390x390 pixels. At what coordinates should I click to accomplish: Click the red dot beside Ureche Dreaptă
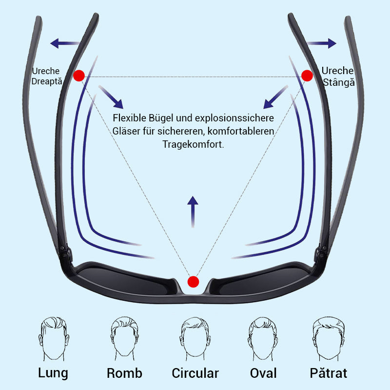(79, 75)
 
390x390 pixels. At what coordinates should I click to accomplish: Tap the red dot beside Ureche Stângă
(307, 75)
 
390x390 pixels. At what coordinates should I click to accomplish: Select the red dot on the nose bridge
(194, 281)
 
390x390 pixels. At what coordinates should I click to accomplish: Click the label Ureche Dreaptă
(46, 76)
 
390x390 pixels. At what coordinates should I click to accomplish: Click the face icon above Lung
(53, 338)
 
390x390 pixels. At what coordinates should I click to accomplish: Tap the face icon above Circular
(195, 338)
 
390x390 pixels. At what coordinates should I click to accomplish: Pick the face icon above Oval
(263, 338)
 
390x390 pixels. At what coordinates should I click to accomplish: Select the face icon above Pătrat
(328, 338)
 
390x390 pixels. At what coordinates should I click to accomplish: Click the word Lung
(53, 373)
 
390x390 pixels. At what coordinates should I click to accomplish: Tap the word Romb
(124, 373)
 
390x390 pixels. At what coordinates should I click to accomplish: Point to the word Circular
(195, 373)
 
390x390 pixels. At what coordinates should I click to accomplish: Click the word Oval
(263, 373)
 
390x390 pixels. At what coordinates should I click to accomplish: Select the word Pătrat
(328, 373)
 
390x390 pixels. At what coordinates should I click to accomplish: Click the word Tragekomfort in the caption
(193, 145)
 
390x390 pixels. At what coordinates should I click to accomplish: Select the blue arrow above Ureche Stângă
(322, 43)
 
